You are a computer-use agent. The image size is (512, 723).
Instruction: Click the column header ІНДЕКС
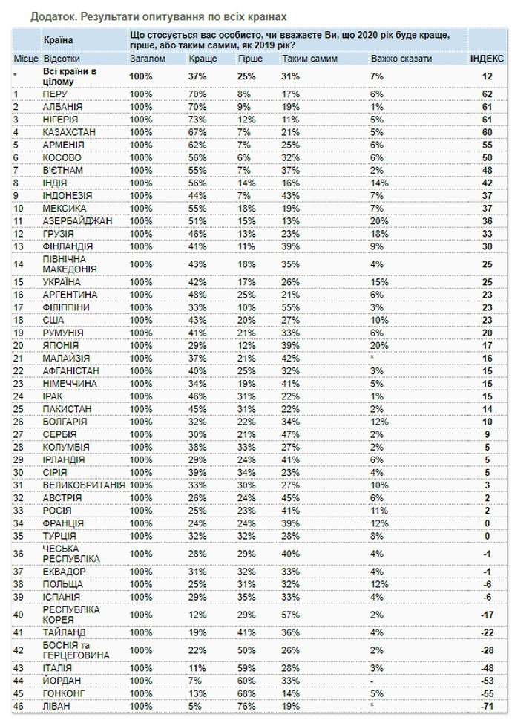coord(487,57)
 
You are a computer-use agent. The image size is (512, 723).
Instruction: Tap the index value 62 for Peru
coord(488,94)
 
